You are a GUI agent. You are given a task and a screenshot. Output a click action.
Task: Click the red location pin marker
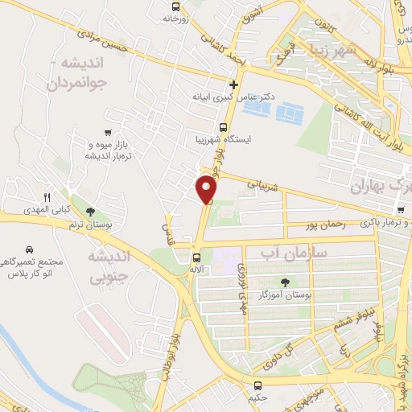point(207,190)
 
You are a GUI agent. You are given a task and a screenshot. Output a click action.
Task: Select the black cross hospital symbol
point(233,84)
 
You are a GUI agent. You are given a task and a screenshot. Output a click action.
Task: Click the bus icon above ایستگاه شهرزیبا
point(224,126)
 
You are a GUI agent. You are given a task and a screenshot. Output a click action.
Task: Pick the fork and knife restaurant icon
point(47,197)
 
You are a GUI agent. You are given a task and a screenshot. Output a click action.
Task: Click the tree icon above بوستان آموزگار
point(286,282)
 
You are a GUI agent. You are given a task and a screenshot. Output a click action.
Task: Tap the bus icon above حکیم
point(258,385)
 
